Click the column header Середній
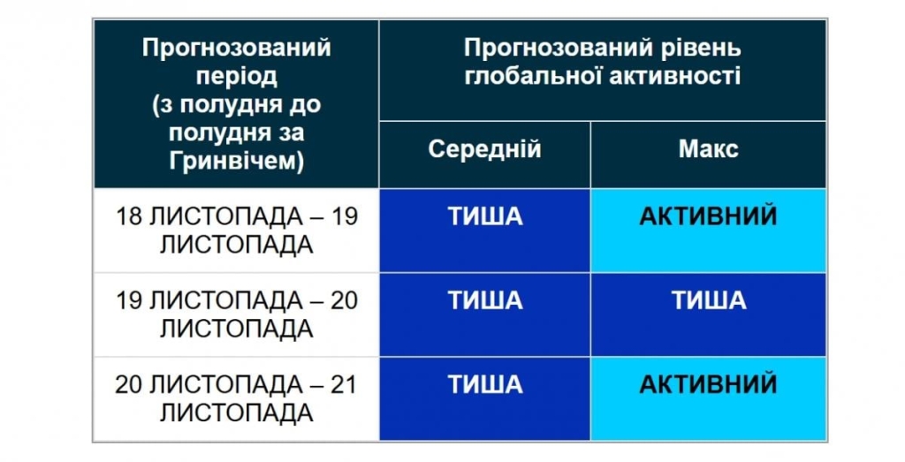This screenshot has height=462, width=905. coord(484,149)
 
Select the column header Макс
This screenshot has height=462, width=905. coord(708,149)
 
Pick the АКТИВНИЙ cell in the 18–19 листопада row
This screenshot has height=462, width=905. coord(708,216)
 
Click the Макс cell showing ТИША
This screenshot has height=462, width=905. coord(708,300)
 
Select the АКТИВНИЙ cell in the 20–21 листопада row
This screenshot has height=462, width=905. coord(708,384)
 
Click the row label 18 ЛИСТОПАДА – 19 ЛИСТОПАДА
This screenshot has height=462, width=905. coord(236,231)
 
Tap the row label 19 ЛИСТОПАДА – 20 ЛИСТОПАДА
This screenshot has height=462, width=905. coord(236,314)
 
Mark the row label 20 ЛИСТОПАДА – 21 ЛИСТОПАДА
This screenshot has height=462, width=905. coord(236,398)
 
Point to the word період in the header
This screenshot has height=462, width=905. coord(236,76)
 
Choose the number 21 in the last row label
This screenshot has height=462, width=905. coord(343,385)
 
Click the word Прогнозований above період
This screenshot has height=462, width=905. coord(236,47)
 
